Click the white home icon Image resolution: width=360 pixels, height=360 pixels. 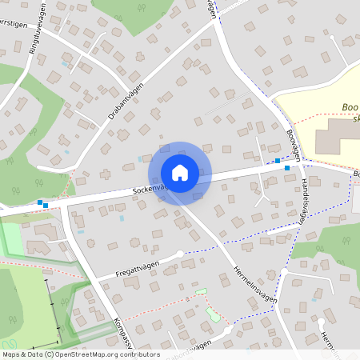(180, 173)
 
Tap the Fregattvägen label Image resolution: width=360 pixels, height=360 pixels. (131, 267)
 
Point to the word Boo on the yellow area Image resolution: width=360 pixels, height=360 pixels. (349, 106)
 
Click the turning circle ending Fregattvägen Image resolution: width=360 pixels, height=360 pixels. (179, 254)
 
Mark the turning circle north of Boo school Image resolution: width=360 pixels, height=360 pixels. (330, 34)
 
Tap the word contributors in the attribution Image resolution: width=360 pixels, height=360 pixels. (138, 354)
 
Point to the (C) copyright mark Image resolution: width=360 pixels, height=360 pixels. (50, 354)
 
